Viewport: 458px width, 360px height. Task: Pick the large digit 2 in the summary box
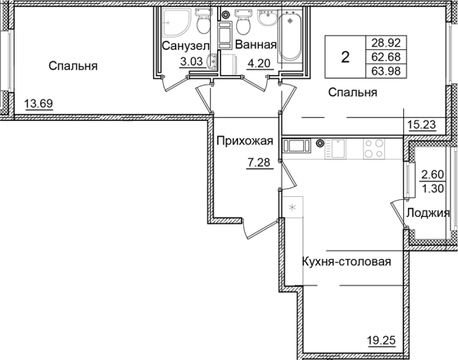pyautogui.click(x=346, y=57)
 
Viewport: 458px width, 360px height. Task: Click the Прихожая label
pyautogui.click(x=245, y=141)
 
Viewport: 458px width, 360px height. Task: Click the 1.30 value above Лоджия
pyautogui.click(x=429, y=185)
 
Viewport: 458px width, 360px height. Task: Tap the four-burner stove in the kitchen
pyautogui.click(x=374, y=148)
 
